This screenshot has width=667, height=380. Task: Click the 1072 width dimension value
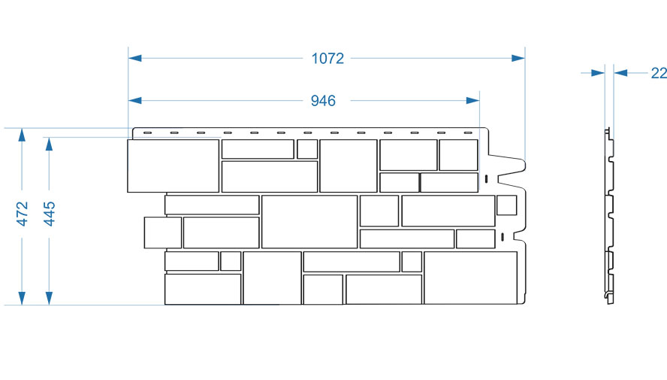pyautogui.click(x=327, y=59)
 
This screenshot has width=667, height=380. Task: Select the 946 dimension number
pyautogui.click(x=323, y=101)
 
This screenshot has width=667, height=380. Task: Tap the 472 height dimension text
pyautogui.click(x=22, y=214)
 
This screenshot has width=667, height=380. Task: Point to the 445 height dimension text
pyautogui.click(x=50, y=214)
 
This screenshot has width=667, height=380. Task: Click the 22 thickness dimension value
pyautogui.click(x=659, y=73)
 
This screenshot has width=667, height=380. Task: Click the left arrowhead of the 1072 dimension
pyautogui.click(x=135, y=58)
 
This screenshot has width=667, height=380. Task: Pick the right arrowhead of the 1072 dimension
pyautogui.click(x=518, y=58)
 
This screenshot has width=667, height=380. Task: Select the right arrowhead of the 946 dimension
pyautogui.click(x=472, y=101)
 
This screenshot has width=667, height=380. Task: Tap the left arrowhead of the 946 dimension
pyautogui.click(x=135, y=101)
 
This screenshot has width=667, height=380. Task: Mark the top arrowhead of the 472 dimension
pyautogui.click(x=22, y=135)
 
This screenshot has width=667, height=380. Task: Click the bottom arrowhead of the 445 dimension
pyautogui.click(x=50, y=298)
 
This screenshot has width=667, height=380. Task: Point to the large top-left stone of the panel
pyautogui.click(x=173, y=166)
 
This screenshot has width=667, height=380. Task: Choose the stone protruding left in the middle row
pyautogui.click(x=163, y=233)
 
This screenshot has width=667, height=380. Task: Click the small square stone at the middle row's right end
pyautogui.click(x=506, y=205)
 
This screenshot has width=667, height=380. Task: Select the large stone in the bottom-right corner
pyautogui.click(x=470, y=278)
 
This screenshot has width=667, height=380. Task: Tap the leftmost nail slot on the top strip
pyautogui.click(x=148, y=133)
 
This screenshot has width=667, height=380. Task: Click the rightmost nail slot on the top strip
pyautogui.click(x=468, y=133)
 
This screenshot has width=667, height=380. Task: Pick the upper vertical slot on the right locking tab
pyautogui.click(x=486, y=179)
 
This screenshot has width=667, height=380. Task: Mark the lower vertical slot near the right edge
pyautogui.click(x=503, y=237)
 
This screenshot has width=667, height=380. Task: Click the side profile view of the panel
pyautogui.click(x=610, y=216)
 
